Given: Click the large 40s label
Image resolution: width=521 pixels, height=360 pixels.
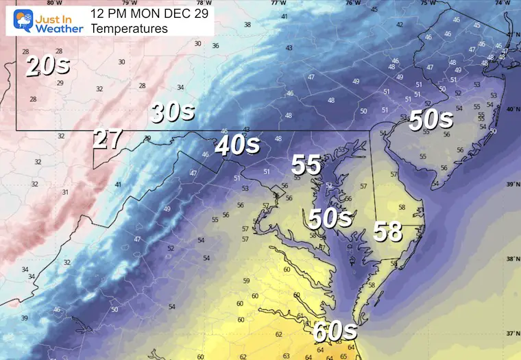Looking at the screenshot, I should [237, 145].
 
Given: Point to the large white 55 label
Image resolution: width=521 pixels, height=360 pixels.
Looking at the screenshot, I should [306, 165].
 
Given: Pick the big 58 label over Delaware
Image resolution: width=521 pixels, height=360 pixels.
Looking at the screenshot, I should [387, 232].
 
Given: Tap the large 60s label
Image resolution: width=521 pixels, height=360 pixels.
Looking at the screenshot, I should [335, 331].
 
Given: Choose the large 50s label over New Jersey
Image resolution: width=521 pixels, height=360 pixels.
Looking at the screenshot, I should [431, 121].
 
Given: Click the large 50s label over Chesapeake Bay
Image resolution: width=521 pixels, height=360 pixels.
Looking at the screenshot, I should [330, 218].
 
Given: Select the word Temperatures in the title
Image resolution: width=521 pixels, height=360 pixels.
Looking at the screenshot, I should [129, 29].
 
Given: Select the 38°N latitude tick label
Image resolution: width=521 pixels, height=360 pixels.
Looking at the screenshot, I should [512, 259].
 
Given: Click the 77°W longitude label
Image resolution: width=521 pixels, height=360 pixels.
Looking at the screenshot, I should [278, 3].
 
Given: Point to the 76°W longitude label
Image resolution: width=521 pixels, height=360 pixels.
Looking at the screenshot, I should [352, 3].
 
